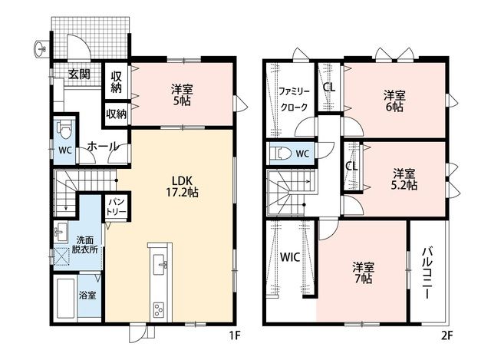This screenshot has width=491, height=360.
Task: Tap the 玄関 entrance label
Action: click(x=79, y=74)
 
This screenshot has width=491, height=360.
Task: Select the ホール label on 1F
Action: click(x=103, y=147)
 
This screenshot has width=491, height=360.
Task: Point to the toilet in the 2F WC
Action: click(x=282, y=154)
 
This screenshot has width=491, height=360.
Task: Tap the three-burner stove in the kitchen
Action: click(x=159, y=310)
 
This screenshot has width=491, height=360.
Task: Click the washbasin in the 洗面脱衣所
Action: click(x=61, y=232)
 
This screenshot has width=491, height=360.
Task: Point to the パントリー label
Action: click(x=116, y=206)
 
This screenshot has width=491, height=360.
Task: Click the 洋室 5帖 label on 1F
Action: click(x=182, y=94)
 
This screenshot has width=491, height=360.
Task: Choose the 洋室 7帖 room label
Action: click(x=363, y=272)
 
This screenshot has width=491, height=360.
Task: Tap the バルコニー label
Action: click(x=427, y=273)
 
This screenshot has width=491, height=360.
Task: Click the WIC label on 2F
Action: click(x=290, y=257)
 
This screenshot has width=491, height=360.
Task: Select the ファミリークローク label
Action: click(x=294, y=99)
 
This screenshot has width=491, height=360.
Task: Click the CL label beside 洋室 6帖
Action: click(x=329, y=88)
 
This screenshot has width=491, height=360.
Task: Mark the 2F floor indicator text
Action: click(x=447, y=335)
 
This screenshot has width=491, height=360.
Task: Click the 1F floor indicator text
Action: click(x=235, y=335)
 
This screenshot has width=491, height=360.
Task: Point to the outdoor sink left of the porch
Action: click(x=41, y=49)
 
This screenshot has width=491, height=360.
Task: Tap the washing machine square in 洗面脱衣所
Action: click(x=61, y=257)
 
